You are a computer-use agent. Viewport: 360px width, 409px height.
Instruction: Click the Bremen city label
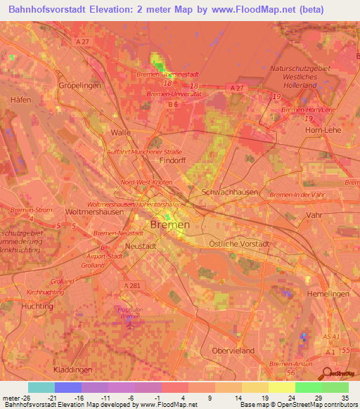point(169,225)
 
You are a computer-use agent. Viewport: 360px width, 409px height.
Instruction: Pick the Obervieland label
point(231,350)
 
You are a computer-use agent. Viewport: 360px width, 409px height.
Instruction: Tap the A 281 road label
point(132,286)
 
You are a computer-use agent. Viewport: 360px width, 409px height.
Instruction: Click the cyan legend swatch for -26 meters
point(41,387)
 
